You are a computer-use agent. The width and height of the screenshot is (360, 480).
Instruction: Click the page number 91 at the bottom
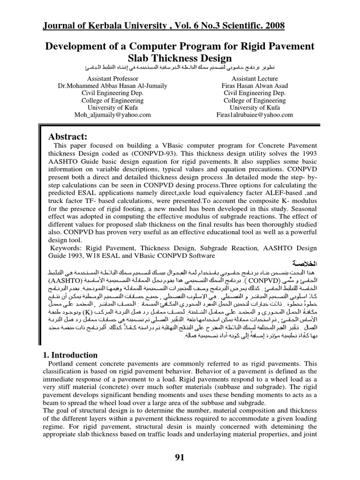point(180,458)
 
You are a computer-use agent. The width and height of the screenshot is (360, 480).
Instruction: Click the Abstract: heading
point(75,136)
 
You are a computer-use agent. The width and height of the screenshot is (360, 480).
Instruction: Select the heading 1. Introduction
point(70,355)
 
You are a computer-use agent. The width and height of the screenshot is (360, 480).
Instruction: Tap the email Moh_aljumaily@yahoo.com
point(112,115)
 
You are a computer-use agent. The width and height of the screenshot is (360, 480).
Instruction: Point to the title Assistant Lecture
point(255,79)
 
